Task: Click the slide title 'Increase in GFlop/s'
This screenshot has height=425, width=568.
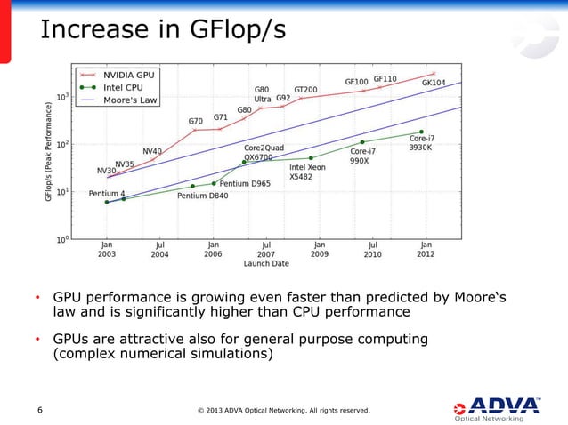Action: tap(162, 29)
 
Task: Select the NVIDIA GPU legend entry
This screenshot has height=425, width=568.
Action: tap(126, 76)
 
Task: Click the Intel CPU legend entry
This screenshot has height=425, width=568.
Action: tap(121, 87)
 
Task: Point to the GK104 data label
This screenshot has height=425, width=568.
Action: tap(434, 82)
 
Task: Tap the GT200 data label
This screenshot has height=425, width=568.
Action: tap(306, 90)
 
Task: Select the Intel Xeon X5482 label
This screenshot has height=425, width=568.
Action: tap(307, 172)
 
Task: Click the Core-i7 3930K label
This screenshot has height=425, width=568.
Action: tap(421, 143)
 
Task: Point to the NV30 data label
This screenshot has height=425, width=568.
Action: tap(106, 170)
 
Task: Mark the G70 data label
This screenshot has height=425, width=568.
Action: tap(195, 121)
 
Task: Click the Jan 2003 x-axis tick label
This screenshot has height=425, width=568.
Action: tap(106, 247)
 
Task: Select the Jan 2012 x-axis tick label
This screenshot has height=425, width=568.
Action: tap(426, 247)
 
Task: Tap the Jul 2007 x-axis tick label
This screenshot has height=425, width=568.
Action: tap(266, 247)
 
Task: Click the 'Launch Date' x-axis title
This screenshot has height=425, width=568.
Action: tap(266, 263)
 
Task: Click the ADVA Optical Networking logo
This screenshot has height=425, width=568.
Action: tap(493, 408)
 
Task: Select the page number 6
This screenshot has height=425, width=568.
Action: tap(39, 410)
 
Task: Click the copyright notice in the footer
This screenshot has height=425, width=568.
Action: tap(283, 410)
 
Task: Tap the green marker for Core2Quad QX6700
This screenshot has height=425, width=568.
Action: tap(244, 162)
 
